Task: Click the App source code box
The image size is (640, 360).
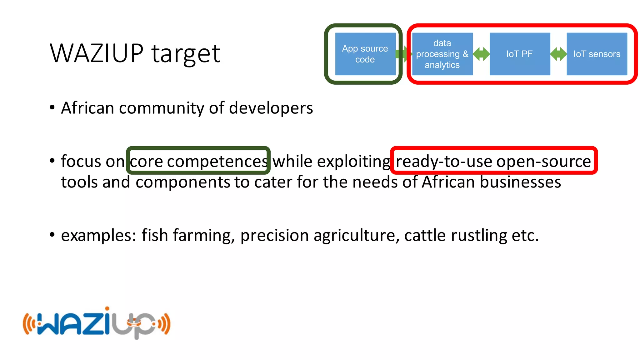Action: click(x=365, y=54)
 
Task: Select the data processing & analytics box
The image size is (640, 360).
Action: click(x=442, y=54)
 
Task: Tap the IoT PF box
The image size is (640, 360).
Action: click(x=519, y=54)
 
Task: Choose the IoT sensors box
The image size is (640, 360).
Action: click(x=597, y=54)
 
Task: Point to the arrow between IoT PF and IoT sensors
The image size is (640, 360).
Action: click(x=558, y=54)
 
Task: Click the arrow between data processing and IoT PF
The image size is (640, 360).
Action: click(x=481, y=54)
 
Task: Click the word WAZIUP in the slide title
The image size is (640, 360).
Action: click(x=97, y=53)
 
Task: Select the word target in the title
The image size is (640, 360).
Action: click(x=186, y=54)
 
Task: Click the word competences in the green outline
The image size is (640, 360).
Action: click(x=217, y=162)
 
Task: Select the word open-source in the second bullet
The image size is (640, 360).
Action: click(x=543, y=162)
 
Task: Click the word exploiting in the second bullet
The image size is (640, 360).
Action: click(x=353, y=162)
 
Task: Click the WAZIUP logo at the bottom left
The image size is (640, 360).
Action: click(x=97, y=323)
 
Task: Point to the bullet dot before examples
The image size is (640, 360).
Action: click(x=52, y=234)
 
